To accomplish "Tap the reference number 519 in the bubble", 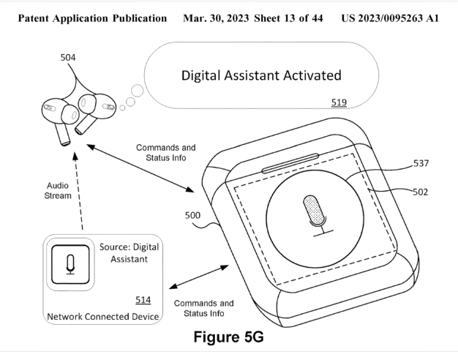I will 339,103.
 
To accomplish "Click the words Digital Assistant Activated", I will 261,75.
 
